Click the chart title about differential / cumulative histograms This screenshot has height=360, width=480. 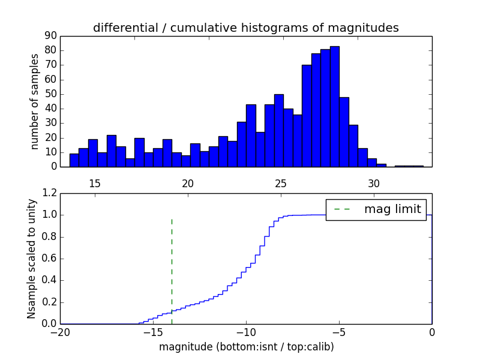[x=245, y=28]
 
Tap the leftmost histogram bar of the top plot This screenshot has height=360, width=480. [x=74, y=160]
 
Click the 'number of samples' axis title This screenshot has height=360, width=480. [x=35, y=101]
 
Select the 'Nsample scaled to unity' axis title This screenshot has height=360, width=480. [x=31, y=259]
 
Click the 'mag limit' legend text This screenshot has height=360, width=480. [x=392, y=209]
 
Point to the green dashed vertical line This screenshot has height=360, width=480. [x=172, y=264]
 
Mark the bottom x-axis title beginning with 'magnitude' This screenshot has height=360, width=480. [x=246, y=347]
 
